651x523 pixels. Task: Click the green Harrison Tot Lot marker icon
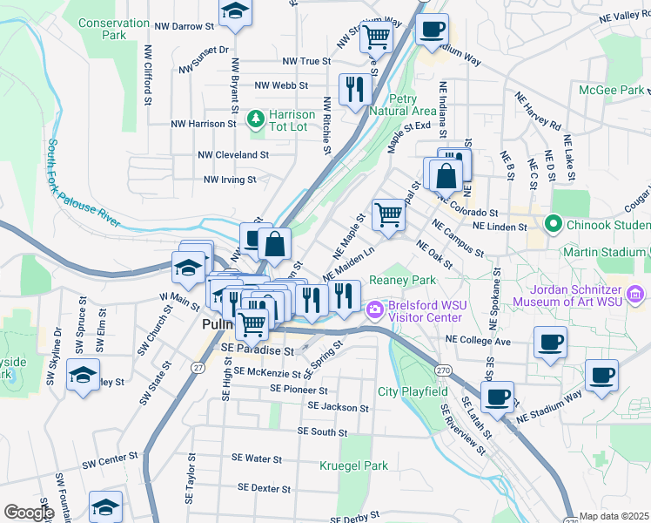pos(257,116)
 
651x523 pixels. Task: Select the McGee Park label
pos(611,90)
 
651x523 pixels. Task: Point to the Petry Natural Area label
pos(401,105)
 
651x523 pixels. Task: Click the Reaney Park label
pos(401,280)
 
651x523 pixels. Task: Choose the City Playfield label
pos(413,392)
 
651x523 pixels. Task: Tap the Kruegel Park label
pos(353,466)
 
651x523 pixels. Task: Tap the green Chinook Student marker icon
pos(552,224)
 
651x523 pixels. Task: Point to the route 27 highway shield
pos(198,369)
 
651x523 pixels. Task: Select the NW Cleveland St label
pos(233,154)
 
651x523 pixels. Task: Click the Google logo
pos(29,513)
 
